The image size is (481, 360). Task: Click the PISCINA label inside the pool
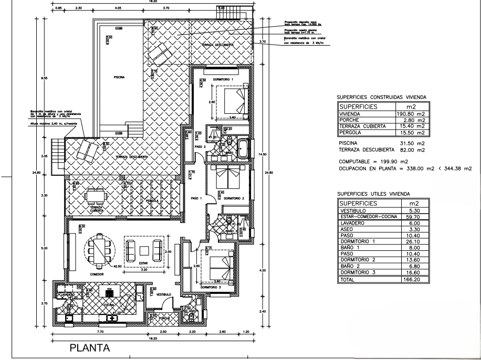(x=119, y=76)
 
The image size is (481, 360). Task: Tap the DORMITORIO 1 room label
(x=218, y=79)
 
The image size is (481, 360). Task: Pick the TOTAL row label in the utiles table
(x=346, y=280)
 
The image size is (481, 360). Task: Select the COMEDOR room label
(x=96, y=274)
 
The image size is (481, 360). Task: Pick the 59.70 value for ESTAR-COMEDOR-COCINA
(x=415, y=216)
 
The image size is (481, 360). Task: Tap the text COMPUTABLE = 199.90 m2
(x=374, y=161)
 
